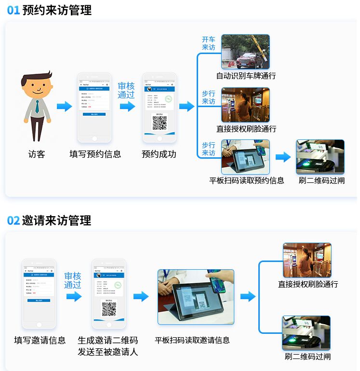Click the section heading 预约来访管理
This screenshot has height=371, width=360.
click(x=56, y=10)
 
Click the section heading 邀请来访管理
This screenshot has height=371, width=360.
click(x=56, y=220)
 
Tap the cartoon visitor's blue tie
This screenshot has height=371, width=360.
click(x=37, y=106)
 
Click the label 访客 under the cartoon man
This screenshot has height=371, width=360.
click(x=37, y=154)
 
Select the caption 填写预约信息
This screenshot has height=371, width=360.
click(x=95, y=154)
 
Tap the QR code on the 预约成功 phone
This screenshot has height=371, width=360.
click(x=160, y=123)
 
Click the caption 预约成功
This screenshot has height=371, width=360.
click(x=159, y=154)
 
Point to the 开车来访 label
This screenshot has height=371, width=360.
click(x=208, y=43)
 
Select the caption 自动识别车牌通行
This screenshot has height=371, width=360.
click(x=246, y=76)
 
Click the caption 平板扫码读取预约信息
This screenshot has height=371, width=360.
click(x=247, y=180)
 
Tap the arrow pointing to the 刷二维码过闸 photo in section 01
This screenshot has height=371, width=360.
click(x=283, y=157)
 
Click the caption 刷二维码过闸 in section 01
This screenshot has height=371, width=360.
click(x=321, y=180)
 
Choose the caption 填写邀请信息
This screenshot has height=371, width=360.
click(x=40, y=340)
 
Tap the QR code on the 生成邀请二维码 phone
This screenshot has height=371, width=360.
click(x=109, y=309)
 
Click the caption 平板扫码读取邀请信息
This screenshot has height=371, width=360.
click(x=192, y=340)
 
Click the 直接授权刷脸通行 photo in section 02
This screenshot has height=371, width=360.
click(x=307, y=260)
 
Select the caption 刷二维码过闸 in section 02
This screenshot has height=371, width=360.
click(x=307, y=357)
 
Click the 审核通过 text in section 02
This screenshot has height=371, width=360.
click(x=73, y=280)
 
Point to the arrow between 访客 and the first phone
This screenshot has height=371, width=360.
click(x=64, y=107)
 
